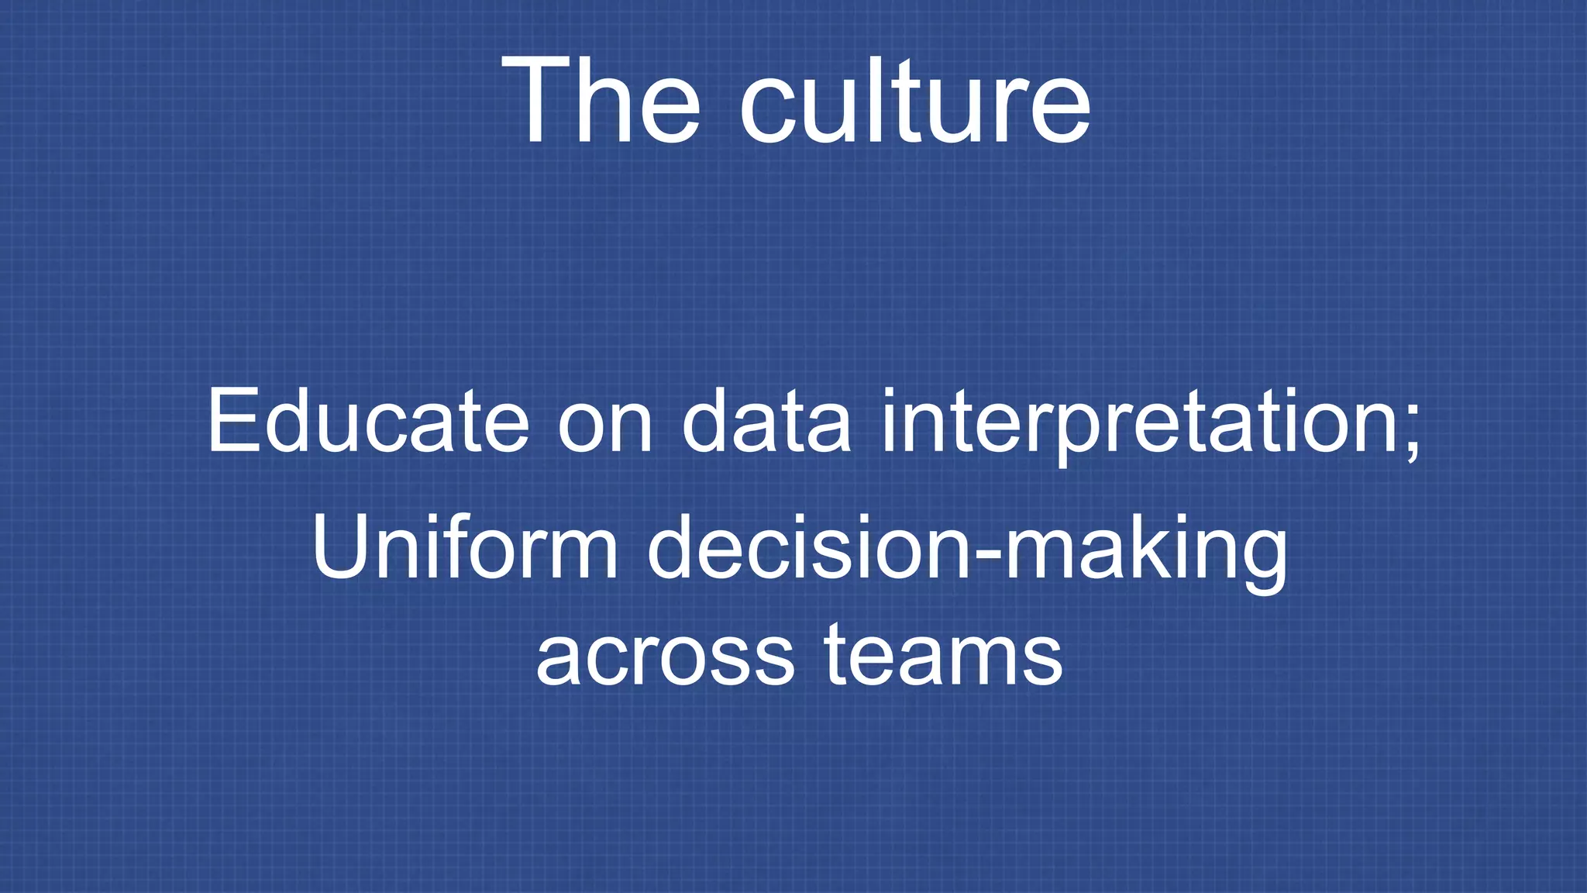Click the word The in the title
(601, 101)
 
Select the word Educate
(368, 422)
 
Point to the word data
(766, 422)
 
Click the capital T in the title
(538, 101)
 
